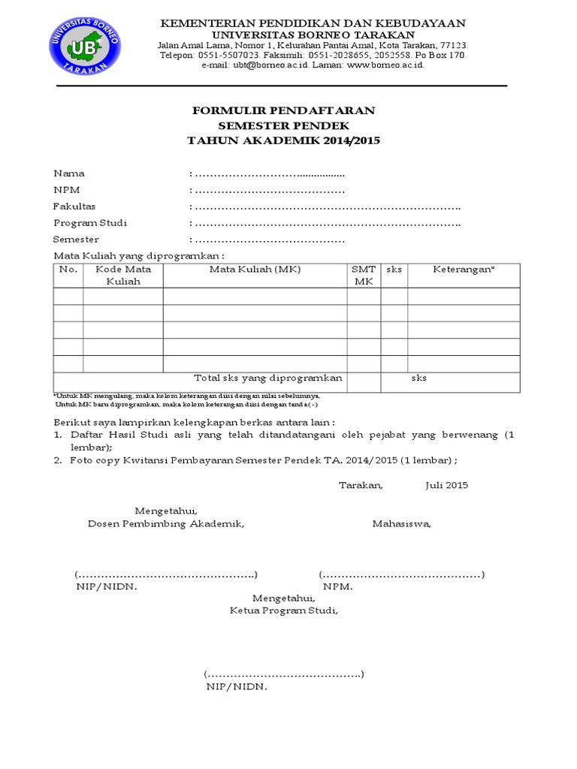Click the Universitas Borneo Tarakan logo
coord(84,46)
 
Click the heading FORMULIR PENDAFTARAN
coord(283,111)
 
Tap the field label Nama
coord(68,173)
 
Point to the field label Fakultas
coord(74,207)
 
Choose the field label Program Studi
coord(90,223)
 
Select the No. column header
coord(68,270)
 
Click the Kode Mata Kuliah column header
coord(123,276)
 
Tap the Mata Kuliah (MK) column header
coord(255,270)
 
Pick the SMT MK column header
coord(364,276)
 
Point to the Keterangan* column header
coord(464,270)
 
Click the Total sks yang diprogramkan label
coord(268,378)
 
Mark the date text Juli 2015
coord(446,485)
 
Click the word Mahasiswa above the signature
coord(402,524)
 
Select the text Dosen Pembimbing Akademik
coord(166,524)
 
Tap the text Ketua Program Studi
coord(284,611)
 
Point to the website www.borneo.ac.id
coord(385,65)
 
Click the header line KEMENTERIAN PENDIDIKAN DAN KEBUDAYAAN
coord(313,23)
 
